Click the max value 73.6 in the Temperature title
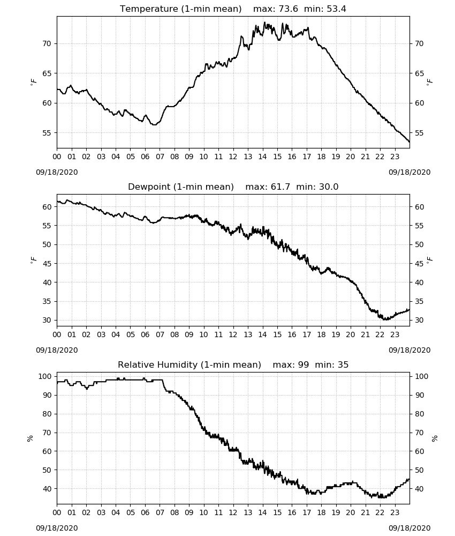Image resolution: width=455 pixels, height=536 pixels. pos(289,9)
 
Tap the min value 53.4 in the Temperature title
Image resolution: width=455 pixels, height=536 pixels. pos(337,9)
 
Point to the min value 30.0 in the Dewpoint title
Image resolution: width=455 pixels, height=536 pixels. pos(329,187)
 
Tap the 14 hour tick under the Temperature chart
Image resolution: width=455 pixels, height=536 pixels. pos(262,157)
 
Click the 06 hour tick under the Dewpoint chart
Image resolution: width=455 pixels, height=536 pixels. pos(145,334)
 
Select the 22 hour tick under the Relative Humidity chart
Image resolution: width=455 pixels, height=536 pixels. pos(380,512)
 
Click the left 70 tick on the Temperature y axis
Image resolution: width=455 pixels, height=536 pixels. pos(47,43)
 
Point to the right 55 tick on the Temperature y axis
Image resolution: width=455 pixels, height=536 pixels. pos(420,133)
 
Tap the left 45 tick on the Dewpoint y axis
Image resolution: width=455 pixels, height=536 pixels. pos(47,264)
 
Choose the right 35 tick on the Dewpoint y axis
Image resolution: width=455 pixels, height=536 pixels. pos(420,301)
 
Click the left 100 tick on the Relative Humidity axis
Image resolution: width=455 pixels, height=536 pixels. pos(45,376)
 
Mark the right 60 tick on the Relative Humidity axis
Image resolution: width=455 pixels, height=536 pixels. pos(420,451)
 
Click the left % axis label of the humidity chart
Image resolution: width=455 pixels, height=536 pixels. pos(30,438)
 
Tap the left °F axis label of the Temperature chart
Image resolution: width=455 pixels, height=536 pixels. pos(33,82)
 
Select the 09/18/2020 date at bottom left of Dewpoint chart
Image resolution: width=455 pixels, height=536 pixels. pos(57,350)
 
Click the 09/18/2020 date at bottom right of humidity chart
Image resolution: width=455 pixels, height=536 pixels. pos(409,528)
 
